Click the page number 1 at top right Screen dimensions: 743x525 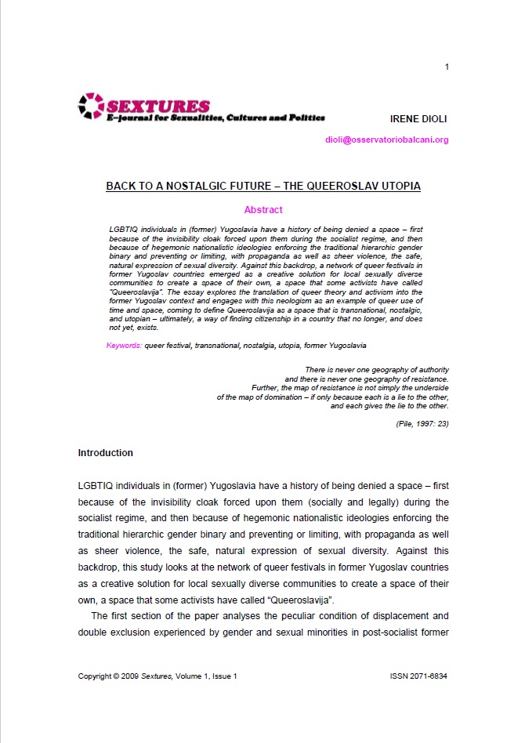tap(446, 66)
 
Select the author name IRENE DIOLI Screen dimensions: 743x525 tap(419, 118)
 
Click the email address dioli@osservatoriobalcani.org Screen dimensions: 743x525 tap(387, 140)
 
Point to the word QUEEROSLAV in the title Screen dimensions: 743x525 tap(327, 187)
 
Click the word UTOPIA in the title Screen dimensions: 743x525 tap(399, 187)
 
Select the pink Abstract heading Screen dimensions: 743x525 tap(263, 210)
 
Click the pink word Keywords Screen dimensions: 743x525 tap(123, 345)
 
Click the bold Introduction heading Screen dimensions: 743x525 tap(106, 453)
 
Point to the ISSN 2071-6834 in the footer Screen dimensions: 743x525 tap(418, 676)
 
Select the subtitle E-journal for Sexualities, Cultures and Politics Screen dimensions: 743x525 tap(215, 118)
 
